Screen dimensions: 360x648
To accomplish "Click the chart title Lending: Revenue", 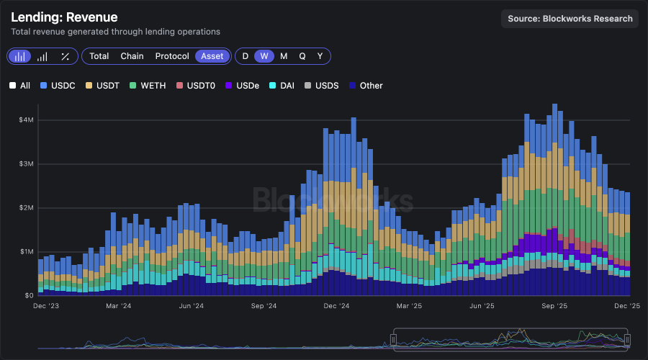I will tap(64, 17).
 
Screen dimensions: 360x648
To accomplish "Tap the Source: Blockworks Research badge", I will tap(570, 19).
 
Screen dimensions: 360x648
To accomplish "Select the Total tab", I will tap(99, 56).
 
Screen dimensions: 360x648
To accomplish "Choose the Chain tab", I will tap(132, 56).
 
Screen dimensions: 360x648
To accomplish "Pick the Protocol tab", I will tap(172, 56).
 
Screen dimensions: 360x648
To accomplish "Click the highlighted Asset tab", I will tap(212, 56).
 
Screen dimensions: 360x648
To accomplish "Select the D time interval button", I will tap(246, 56).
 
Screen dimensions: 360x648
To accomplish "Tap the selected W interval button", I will tap(264, 56).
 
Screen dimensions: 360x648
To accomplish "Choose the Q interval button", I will tap(302, 56).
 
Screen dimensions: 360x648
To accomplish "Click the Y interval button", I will tap(320, 56).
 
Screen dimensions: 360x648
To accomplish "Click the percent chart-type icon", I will tap(65, 56).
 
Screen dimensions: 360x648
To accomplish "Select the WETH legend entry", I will tap(147, 86).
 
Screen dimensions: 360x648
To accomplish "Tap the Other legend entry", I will tap(366, 86).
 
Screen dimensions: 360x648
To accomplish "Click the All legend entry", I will tap(20, 86).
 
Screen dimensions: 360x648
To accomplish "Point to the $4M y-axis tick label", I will tap(26, 120).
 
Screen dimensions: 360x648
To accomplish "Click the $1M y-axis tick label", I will tap(26, 252).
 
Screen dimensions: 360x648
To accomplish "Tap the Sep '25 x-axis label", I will tap(555, 306).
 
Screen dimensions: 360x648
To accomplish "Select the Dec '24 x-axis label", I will tap(336, 306).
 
